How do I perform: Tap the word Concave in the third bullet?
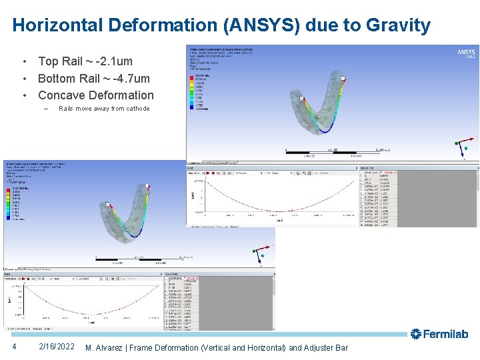tap(61, 95)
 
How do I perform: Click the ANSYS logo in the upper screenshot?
tap(466, 52)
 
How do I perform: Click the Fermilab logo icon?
tap(415, 333)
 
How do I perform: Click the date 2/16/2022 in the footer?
tap(57, 347)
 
